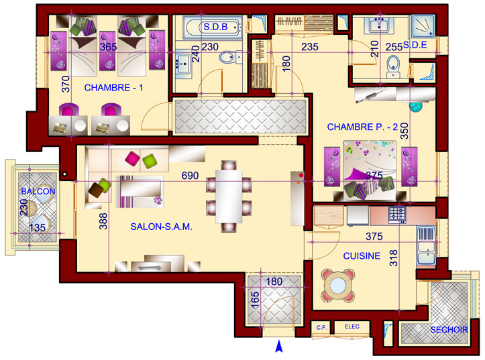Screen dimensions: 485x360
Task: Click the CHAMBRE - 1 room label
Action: pyautogui.click(x=113, y=88)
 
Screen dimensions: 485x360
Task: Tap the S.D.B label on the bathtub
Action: pyautogui.click(x=215, y=27)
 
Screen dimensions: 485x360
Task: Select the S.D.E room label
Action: pyautogui.click(x=415, y=46)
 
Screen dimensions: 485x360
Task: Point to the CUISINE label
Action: pyautogui.click(x=362, y=256)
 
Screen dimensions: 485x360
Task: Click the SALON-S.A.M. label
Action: pyautogui.click(x=161, y=227)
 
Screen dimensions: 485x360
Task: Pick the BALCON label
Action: pyautogui.click(x=38, y=192)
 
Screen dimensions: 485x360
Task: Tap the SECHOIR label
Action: pyautogui.click(x=449, y=330)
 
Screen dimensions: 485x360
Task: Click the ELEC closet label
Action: pyautogui.click(x=352, y=326)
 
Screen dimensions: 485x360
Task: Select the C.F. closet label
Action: pyautogui.click(x=322, y=327)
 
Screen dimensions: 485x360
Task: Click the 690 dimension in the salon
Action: pyautogui.click(x=190, y=176)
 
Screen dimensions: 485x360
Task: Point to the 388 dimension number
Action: pyautogui.click(x=103, y=221)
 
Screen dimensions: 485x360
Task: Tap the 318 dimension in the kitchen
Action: pyautogui.click(x=394, y=258)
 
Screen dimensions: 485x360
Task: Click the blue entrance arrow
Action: pyautogui.click(x=279, y=346)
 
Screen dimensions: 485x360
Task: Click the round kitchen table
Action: pyautogui.click(x=338, y=285)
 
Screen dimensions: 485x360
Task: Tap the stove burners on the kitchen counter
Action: pyautogui.click(x=398, y=214)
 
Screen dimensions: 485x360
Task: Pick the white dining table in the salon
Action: pyautogui.click(x=229, y=196)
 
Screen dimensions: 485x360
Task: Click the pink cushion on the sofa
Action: pyautogui.click(x=132, y=158)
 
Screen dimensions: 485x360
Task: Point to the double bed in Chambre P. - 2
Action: pyautogui.click(x=370, y=170)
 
